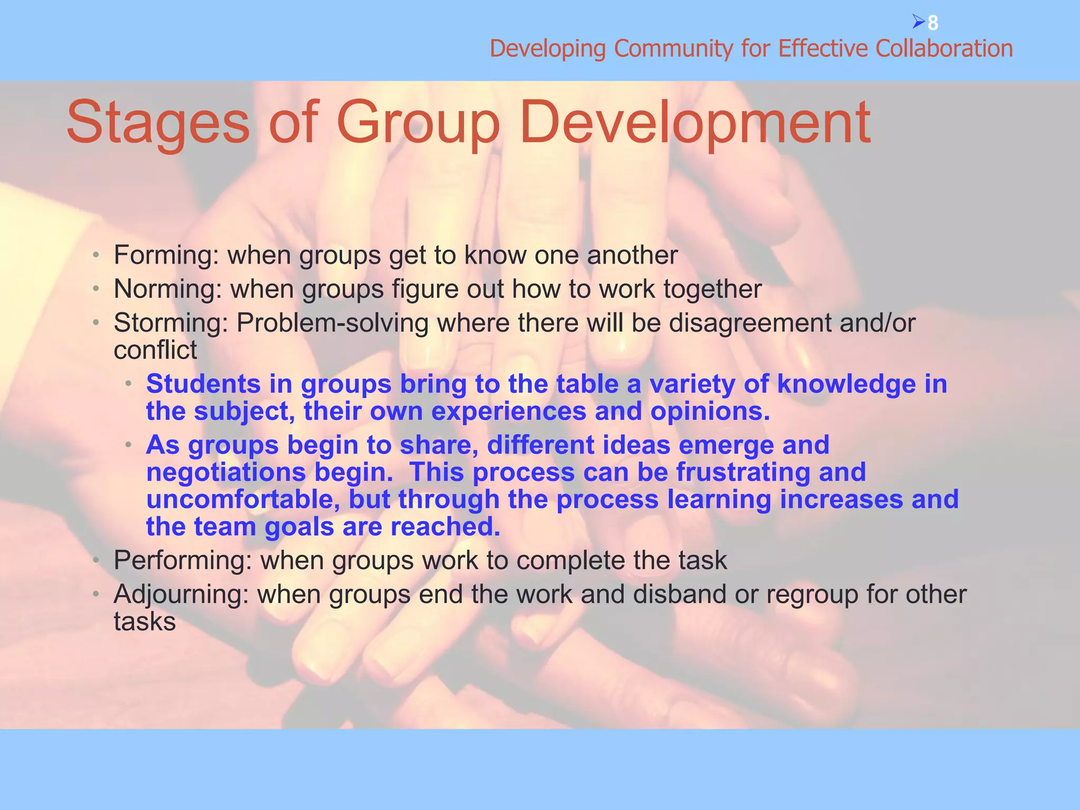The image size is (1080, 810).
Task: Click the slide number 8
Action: coord(933,23)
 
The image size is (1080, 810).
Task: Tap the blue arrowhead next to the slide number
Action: coord(918,22)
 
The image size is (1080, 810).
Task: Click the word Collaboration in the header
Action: coord(944,49)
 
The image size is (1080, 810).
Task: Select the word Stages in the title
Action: coord(158,124)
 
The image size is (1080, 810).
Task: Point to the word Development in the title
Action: coord(695,124)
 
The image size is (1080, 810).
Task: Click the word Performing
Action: coord(182,561)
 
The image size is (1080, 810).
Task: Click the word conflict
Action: coord(155,350)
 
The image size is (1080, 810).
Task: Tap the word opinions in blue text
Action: coord(710,412)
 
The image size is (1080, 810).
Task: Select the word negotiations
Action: coord(226,472)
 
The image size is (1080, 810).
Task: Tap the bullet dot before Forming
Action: coord(95,256)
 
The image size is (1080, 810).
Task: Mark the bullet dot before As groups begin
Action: coord(128,445)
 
